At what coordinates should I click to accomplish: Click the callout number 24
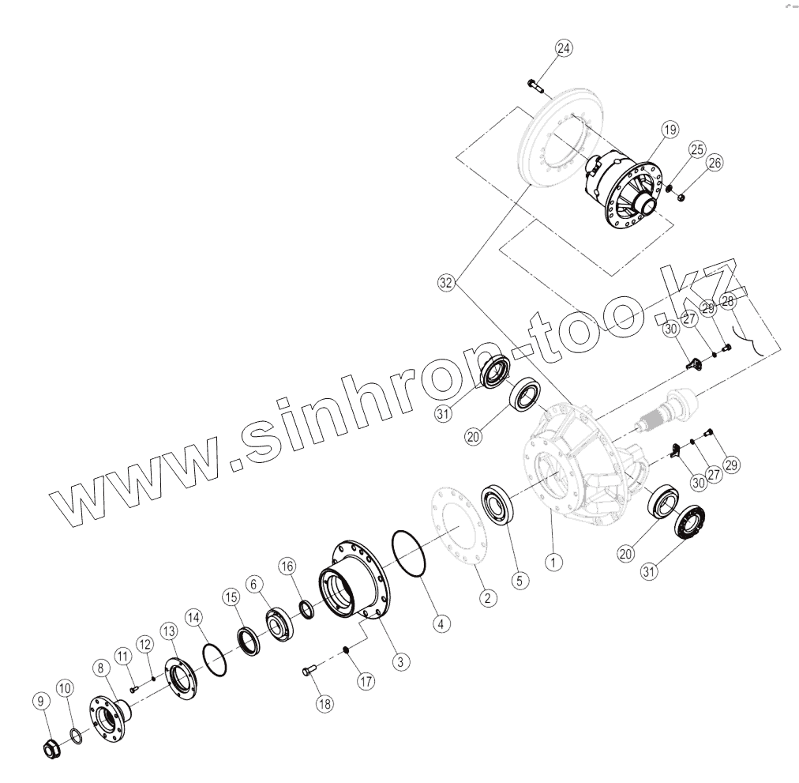coord(562,49)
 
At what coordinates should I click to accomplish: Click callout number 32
coord(447,282)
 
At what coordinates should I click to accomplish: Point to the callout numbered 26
coord(715,164)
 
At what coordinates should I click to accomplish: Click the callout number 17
coord(366,682)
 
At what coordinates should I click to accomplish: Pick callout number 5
coord(518,580)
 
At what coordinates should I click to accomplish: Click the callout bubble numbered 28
coord(727,300)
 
